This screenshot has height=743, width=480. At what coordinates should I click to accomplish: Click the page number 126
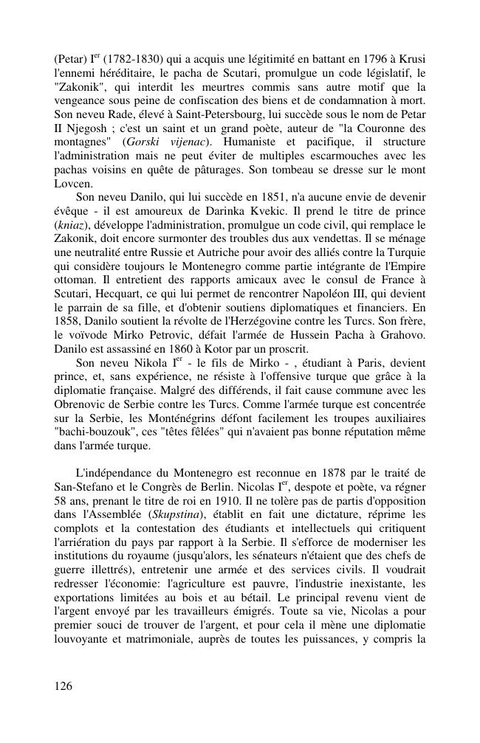pos(64,686)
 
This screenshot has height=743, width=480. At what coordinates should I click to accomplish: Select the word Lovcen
pos(74,184)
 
